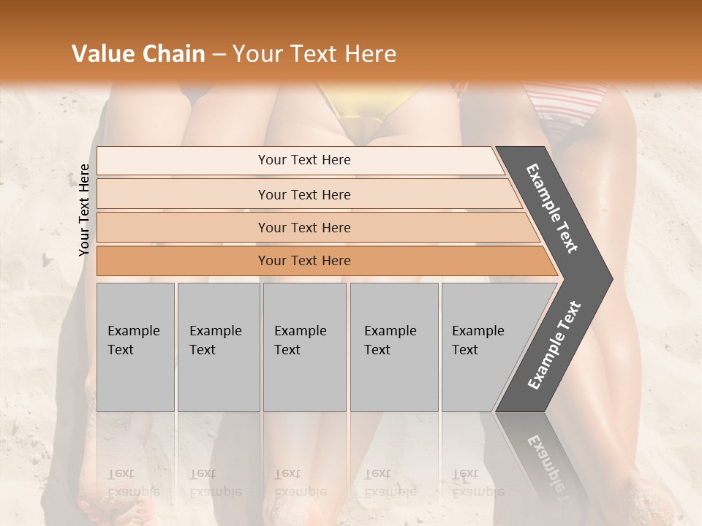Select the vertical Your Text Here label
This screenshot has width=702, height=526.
pyautogui.click(x=84, y=210)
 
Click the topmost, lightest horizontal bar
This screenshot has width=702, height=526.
pyautogui.click(x=300, y=160)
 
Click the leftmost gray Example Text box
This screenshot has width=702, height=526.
pyautogui.click(x=135, y=347)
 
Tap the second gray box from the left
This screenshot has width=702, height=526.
pyautogui.click(x=219, y=347)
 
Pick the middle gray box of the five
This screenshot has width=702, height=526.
pyautogui.click(x=304, y=347)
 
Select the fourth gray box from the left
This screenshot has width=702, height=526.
pyautogui.click(x=394, y=347)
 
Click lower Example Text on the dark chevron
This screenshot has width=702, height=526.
pyautogui.click(x=554, y=345)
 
